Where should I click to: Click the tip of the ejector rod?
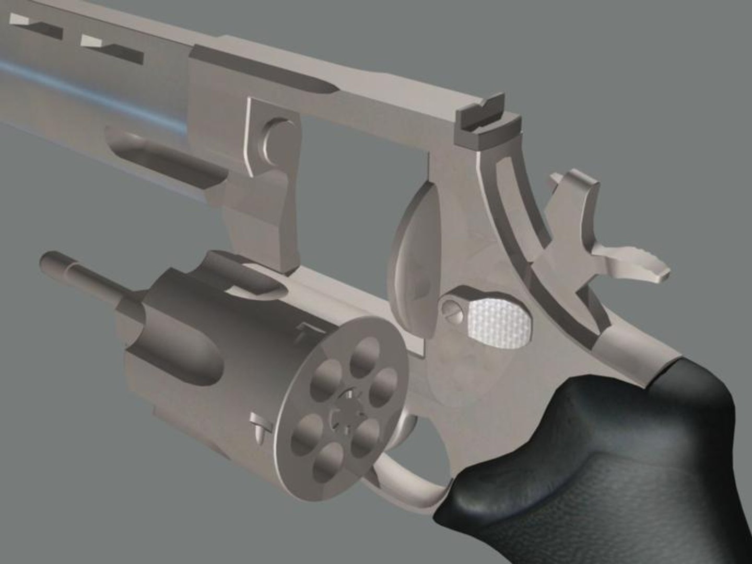pyautogui.click(x=47, y=260)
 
